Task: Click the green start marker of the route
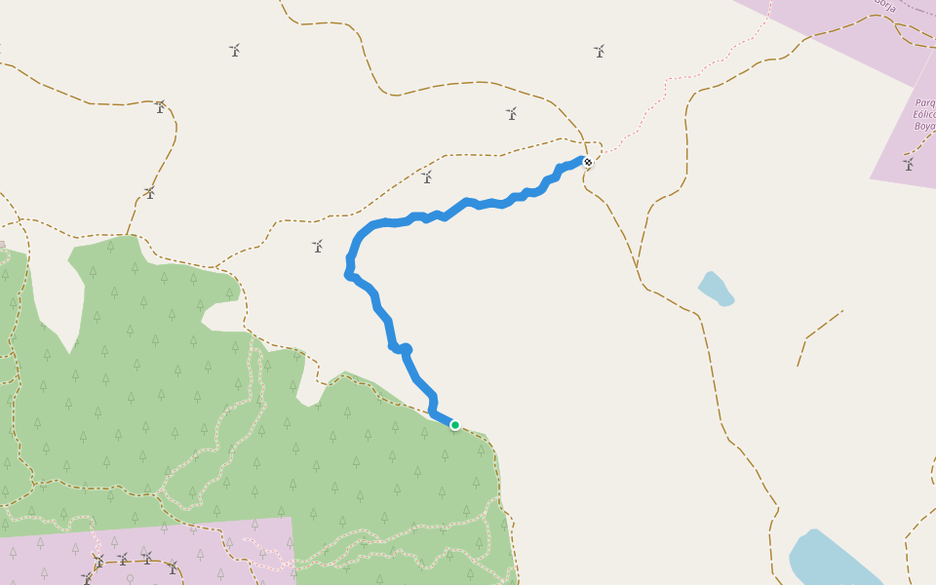[454, 424]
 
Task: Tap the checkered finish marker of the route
[588, 162]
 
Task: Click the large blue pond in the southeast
[829, 560]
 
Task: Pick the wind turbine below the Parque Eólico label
[909, 165]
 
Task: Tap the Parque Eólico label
[925, 114]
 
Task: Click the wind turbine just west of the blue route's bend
[317, 247]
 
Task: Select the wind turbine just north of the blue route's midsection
[426, 177]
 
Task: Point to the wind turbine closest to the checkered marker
[511, 114]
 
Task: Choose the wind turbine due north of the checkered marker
[599, 51]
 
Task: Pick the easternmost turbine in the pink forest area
[172, 567]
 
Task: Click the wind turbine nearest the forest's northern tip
[149, 193]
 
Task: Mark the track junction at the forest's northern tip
[127, 235]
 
